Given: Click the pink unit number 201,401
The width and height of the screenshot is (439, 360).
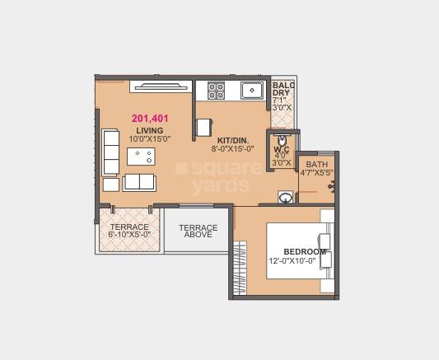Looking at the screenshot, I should click(x=150, y=119).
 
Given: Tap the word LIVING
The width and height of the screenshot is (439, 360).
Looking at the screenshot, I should click(x=150, y=130).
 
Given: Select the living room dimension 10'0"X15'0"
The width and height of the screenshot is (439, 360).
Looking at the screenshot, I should click(x=150, y=139).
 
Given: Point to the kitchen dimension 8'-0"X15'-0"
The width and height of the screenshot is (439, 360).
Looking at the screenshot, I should click(x=232, y=150).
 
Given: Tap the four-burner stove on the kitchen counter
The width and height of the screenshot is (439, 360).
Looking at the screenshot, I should click(x=216, y=89).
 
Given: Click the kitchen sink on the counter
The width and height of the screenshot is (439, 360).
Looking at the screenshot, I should click(x=251, y=89).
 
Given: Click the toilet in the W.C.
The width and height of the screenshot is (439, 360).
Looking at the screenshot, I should click(x=282, y=139).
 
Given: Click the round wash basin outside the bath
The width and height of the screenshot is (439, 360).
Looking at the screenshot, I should click(x=285, y=197).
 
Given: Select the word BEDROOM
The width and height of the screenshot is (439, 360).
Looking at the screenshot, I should click(x=305, y=251).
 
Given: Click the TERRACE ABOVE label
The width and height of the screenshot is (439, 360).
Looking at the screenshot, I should click(x=198, y=231).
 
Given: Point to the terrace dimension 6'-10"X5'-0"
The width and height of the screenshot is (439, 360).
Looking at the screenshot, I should click(x=130, y=236).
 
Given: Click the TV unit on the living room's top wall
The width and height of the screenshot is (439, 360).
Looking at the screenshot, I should click(x=161, y=85).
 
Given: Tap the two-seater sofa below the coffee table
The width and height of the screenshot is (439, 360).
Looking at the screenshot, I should click(x=139, y=182).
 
